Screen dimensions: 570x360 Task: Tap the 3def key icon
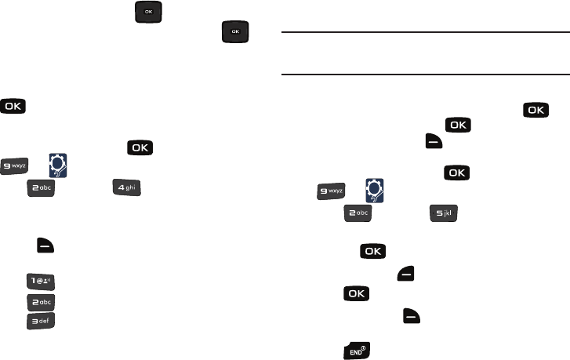point(42,322)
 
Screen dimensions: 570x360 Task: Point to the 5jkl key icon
point(444,213)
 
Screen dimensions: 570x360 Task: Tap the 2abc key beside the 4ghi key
point(42,190)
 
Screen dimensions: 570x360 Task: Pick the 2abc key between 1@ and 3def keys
point(42,301)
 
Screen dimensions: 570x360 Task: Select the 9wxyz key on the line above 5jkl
point(331,191)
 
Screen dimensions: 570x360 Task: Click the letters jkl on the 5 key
point(449,213)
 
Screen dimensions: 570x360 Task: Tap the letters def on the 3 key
point(46,322)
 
